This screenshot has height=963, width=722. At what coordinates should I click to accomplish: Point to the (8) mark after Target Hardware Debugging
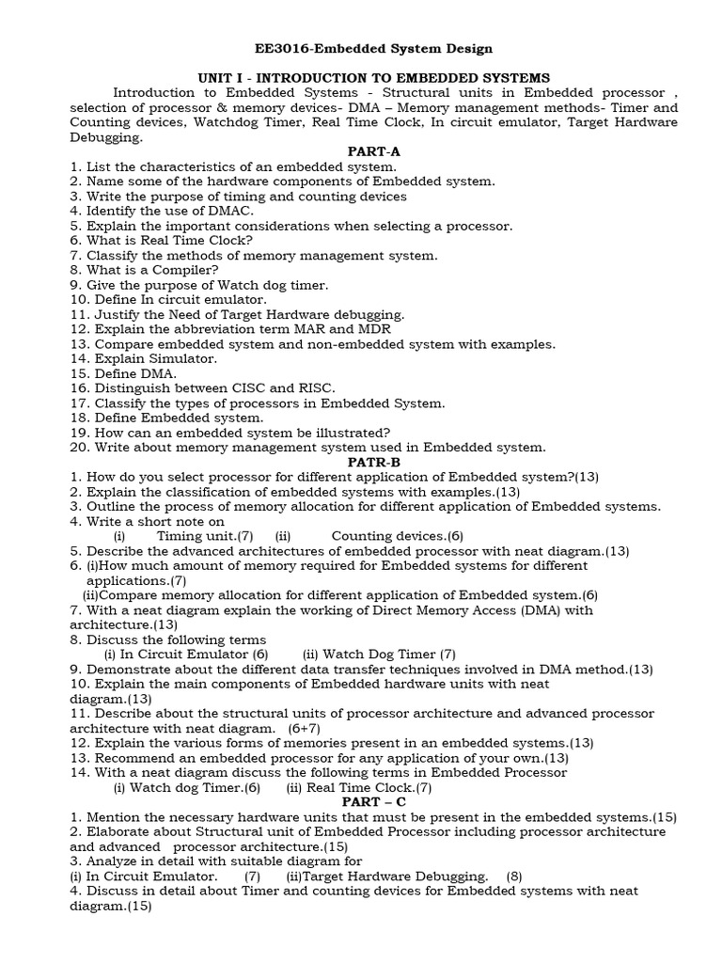(514, 876)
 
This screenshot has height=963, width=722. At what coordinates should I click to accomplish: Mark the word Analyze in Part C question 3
(114, 861)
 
